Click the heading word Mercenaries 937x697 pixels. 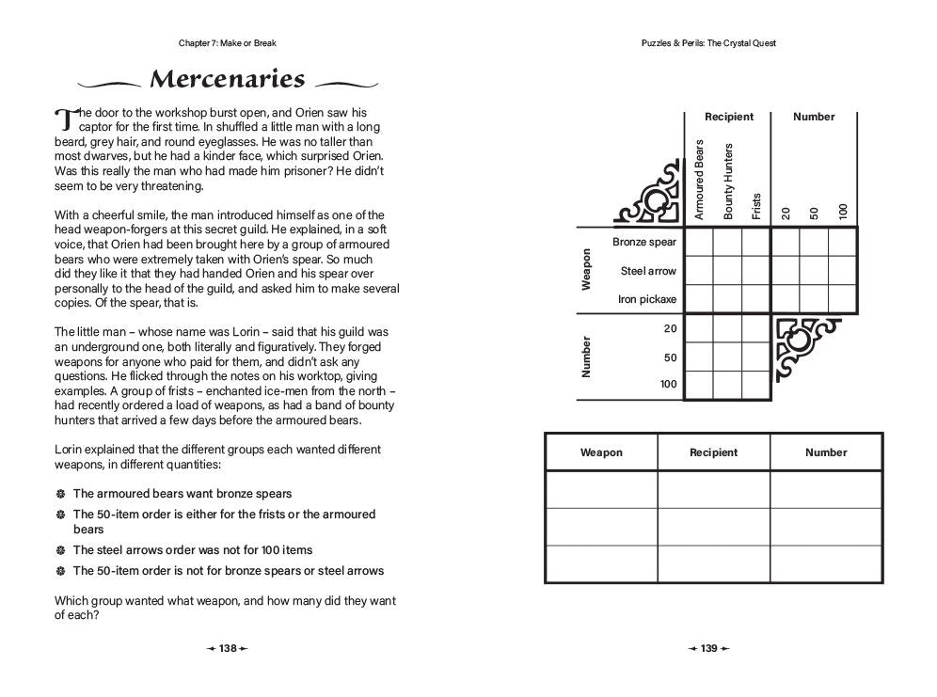228,79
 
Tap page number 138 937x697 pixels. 228,648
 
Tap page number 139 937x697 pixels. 708,648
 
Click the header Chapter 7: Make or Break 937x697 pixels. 227,43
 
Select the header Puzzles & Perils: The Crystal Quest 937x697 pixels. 708,43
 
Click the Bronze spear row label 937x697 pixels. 644,243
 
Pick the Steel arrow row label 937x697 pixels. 648,271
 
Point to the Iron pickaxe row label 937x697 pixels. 646,299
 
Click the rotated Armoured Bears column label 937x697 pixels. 699,180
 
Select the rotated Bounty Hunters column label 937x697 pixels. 728,182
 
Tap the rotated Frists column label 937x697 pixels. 756,205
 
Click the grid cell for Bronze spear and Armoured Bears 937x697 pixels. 699,243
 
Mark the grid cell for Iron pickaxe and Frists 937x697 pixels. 756,299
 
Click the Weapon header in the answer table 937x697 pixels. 601,452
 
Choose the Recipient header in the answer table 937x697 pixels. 713,452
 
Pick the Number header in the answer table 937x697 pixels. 826,452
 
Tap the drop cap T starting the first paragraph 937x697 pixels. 64,119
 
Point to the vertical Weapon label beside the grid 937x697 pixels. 587,269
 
